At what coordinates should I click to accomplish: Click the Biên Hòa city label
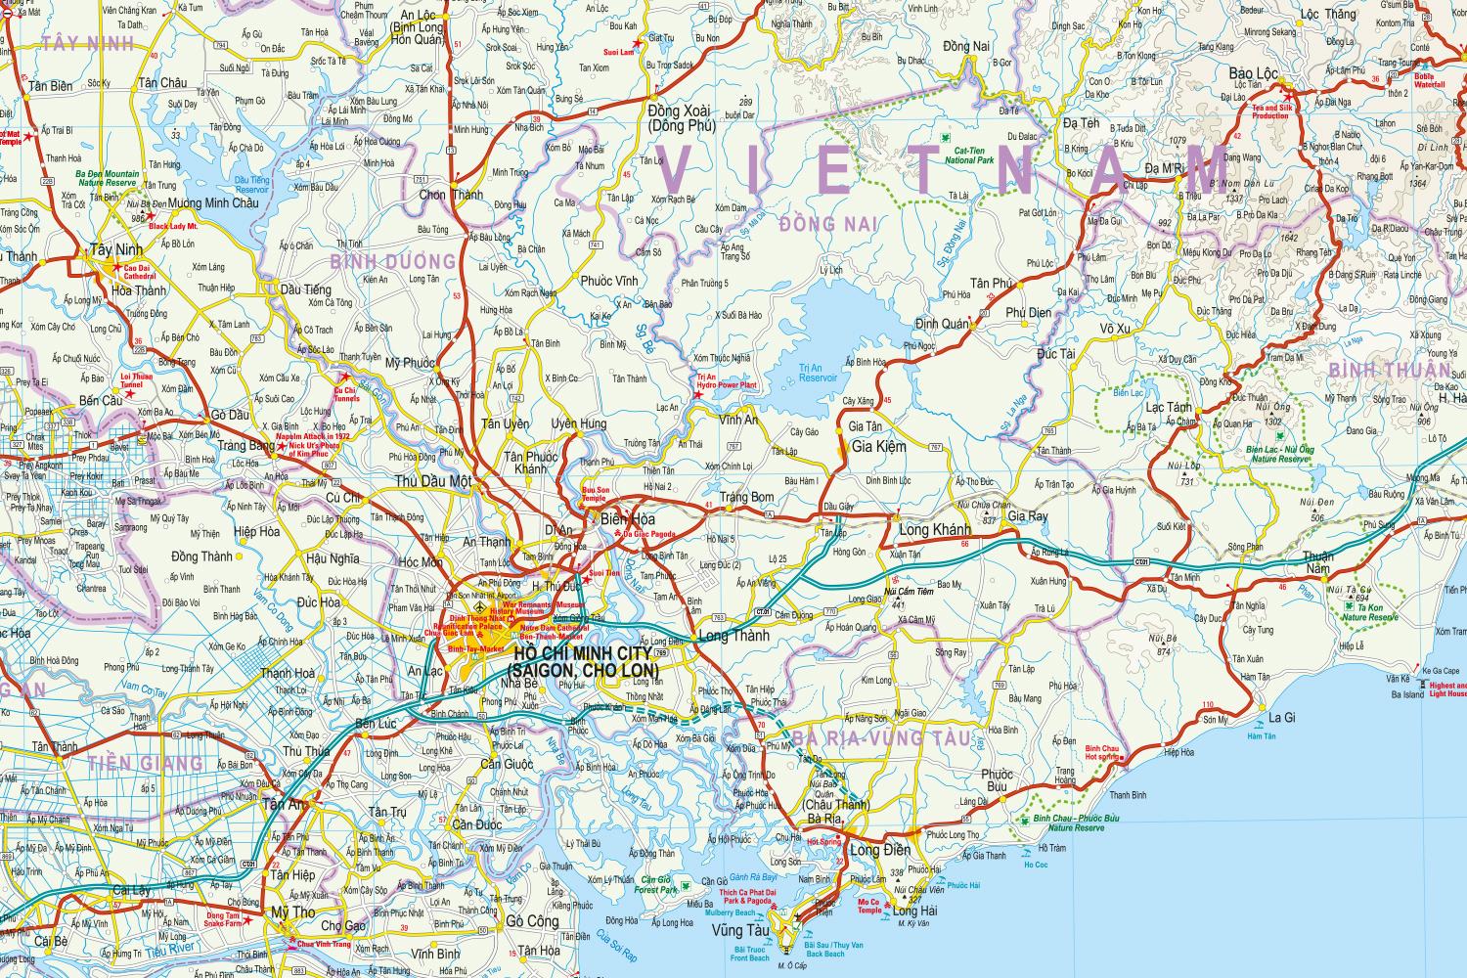click(x=628, y=518)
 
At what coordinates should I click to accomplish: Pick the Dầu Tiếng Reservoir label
click(x=251, y=184)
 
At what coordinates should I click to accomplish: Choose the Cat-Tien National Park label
click(x=967, y=155)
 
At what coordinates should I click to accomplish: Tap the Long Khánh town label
click(x=933, y=529)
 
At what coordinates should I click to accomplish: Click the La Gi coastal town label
click(x=1281, y=718)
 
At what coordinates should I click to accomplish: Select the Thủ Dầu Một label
click(x=433, y=481)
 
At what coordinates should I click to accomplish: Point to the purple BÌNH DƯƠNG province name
click(x=393, y=261)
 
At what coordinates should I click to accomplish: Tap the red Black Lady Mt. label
click(x=173, y=227)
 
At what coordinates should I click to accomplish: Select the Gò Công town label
click(x=532, y=921)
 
